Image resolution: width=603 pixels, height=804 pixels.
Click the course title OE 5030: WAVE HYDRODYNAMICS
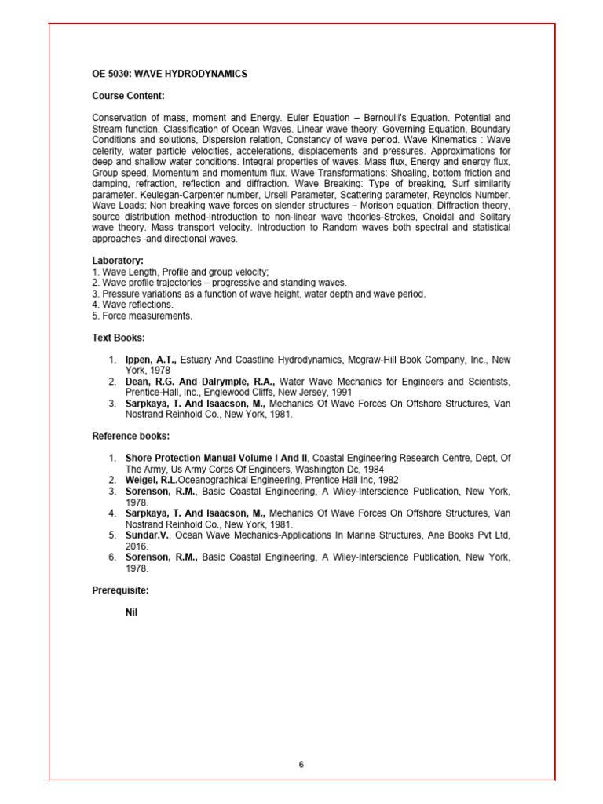tap(170, 74)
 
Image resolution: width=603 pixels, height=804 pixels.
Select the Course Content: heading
tap(128, 96)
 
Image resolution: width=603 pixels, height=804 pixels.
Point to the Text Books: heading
tap(119, 338)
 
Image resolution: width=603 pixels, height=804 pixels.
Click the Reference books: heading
tap(130, 436)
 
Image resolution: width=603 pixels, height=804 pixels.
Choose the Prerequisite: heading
tap(120, 589)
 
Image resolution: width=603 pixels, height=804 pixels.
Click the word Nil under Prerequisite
tap(132, 612)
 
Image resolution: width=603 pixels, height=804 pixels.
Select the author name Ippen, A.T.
tap(152, 360)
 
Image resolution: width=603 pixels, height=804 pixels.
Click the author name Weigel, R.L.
tap(152, 480)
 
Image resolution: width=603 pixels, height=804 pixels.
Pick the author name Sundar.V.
tap(147, 535)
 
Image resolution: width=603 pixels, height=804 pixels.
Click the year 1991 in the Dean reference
tap(342, 392)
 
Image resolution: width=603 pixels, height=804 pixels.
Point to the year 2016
tap(136, 546)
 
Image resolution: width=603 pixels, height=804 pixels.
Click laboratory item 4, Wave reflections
tap(133, 305)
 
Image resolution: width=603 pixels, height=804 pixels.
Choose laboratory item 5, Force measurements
tap(142, 316)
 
